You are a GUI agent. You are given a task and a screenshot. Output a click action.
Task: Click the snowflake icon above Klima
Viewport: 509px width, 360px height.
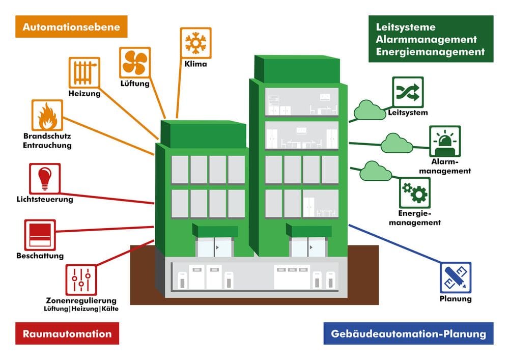click(x=195, y=43)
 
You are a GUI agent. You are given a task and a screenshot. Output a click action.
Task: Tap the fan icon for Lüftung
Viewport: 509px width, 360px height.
click(x=135, y=62)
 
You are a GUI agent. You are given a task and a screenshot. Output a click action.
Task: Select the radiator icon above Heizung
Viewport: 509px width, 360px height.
click(x=84, y=73)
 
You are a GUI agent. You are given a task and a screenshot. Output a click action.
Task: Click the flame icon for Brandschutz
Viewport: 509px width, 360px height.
click(x=47, y=116)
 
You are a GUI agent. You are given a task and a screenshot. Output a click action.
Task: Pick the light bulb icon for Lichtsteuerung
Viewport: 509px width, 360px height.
click(x=45, y=179)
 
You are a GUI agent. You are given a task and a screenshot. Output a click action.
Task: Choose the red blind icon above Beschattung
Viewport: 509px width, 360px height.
click(x=40, y=235)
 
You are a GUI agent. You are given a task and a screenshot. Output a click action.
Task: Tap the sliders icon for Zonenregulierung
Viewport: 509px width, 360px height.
click(x=81, y=280)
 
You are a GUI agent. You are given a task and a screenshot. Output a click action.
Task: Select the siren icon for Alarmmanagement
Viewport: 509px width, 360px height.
click(x=444, y=141)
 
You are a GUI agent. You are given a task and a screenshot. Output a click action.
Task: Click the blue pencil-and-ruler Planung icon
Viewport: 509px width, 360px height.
click(x=455, y=278)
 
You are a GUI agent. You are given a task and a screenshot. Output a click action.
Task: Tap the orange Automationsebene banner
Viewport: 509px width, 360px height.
click(x=71, y=26)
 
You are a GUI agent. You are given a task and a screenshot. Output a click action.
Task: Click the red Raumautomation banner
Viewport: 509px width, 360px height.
click(x=67, y=334)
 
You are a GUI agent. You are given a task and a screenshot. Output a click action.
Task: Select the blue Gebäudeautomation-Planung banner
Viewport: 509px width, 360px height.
click(x=408, y=334)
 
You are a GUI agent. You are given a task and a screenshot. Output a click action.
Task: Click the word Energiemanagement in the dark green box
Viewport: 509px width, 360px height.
click(x=430, y=51)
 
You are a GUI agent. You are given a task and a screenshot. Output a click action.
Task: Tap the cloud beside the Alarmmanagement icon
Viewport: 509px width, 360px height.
click(x=397, y=143)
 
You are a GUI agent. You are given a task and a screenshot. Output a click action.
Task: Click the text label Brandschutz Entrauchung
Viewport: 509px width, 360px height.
click(x=47, y=141)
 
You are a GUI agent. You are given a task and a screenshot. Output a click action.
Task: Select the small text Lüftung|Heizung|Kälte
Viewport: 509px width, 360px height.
click(x=81, y=309)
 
